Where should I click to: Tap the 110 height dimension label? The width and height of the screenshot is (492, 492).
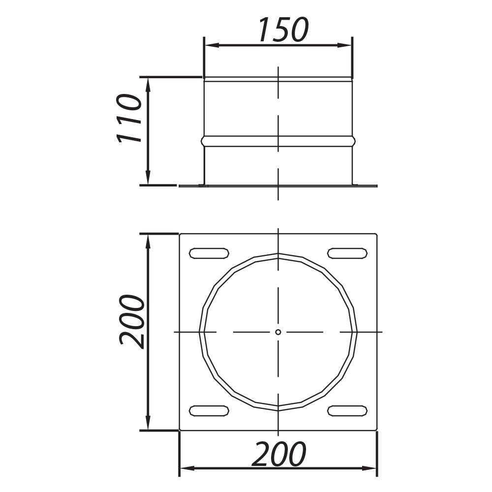coord(129,118)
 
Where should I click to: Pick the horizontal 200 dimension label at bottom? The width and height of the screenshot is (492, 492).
coord(279,454)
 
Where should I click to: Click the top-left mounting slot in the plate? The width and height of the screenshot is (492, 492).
coord(209,253)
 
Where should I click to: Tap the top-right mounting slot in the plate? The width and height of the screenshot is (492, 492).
coord(347,253)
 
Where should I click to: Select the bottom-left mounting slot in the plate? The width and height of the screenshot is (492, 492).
coord(209,410)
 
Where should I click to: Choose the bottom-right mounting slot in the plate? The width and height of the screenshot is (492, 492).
coord(347,410)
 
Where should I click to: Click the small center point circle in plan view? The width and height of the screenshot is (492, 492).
coord(278,332)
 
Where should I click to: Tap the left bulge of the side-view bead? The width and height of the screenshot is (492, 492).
coord(203,141)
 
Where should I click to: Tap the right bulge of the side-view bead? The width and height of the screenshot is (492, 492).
coord(353,141)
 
